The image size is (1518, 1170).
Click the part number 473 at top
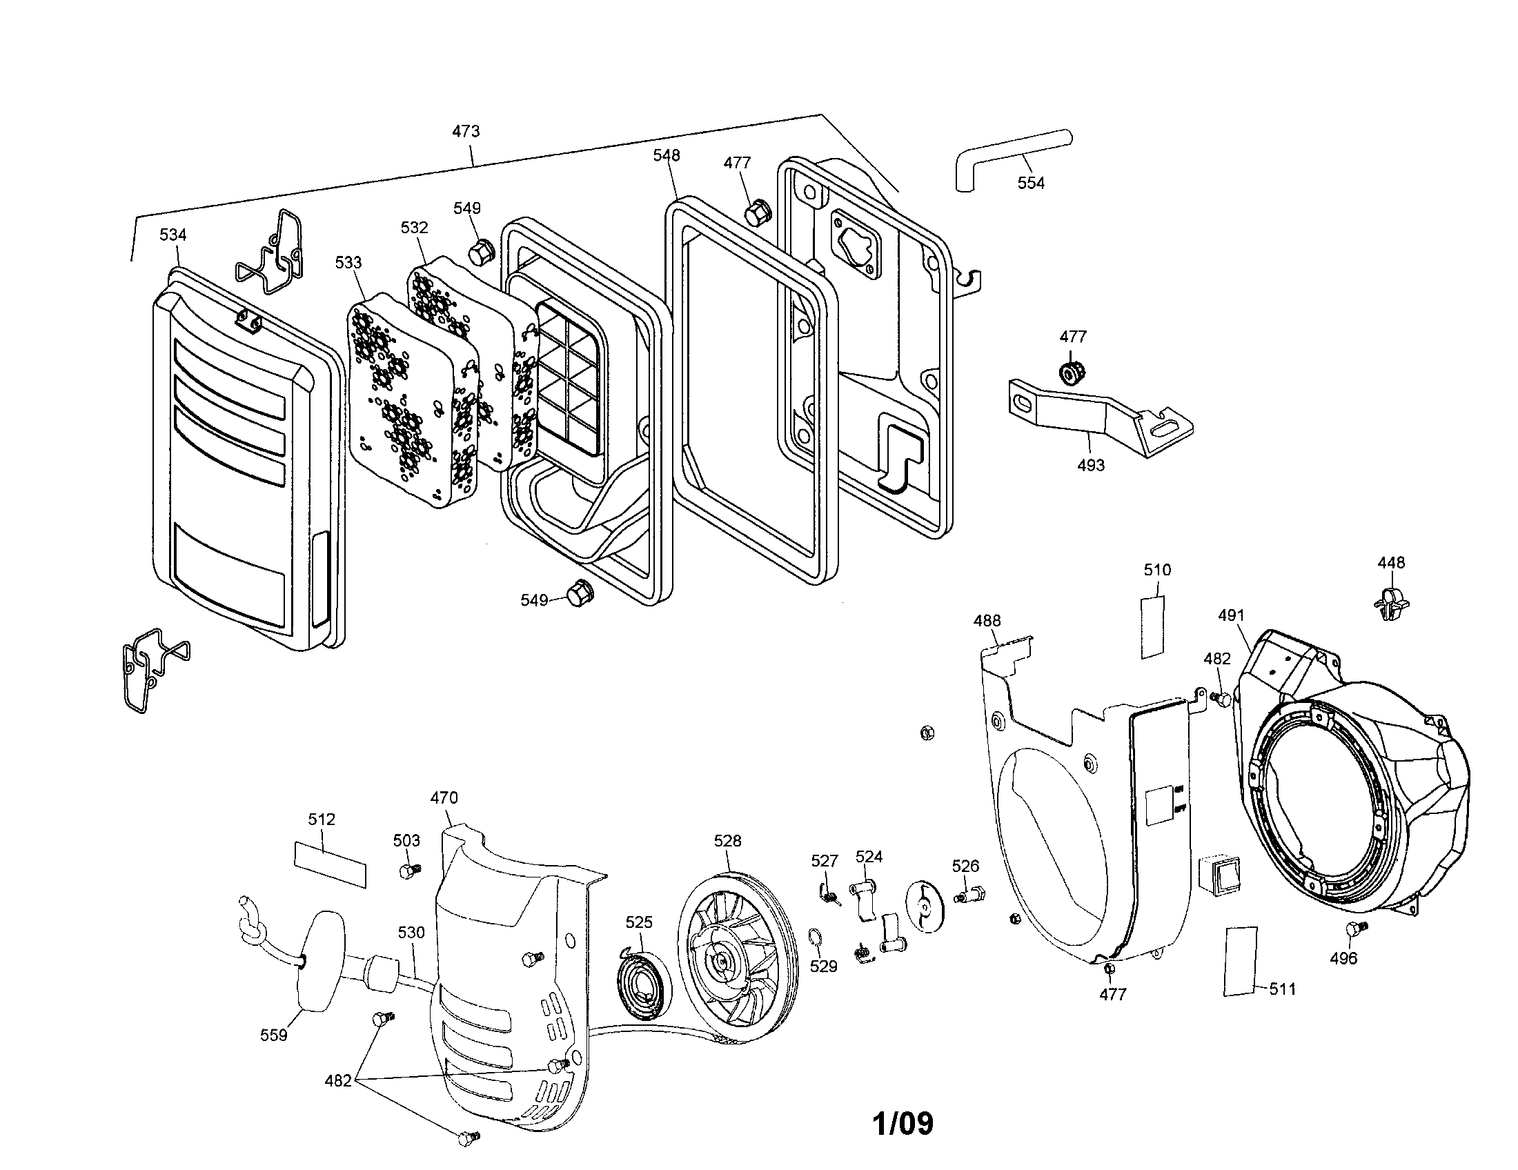pyautogui.click(x=466, y=131)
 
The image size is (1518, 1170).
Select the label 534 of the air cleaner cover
pyautogui.click(x=173, y=235)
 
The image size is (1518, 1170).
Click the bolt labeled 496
pyautogui.click(x=1354, y=929)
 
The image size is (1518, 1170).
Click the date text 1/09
pyautogui.click(x=903, y=1124)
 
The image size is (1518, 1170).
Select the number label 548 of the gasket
pyautogui.click(x=666, y=155)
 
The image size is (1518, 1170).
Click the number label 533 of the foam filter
pyautogui.click(x=348, y=263)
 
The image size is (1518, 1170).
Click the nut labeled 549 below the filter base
pyautogui.click(x=578, y=593)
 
